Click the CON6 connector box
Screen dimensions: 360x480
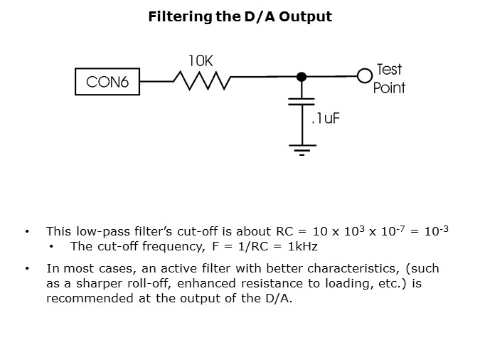click(x=107, y=83)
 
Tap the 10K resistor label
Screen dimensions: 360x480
click(x=200, y=62)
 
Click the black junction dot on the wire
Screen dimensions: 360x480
click(x=302, y=76)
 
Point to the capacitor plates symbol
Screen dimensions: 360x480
click(x=302, y=103)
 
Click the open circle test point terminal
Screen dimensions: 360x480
click(x=365, y=76)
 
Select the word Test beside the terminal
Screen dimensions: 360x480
click(x=388, y=69)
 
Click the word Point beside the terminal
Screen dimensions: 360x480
click(x=389, y=88)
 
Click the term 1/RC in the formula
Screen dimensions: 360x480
click(x=252, y=247)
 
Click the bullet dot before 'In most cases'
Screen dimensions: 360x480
click(x=27, y=269)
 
